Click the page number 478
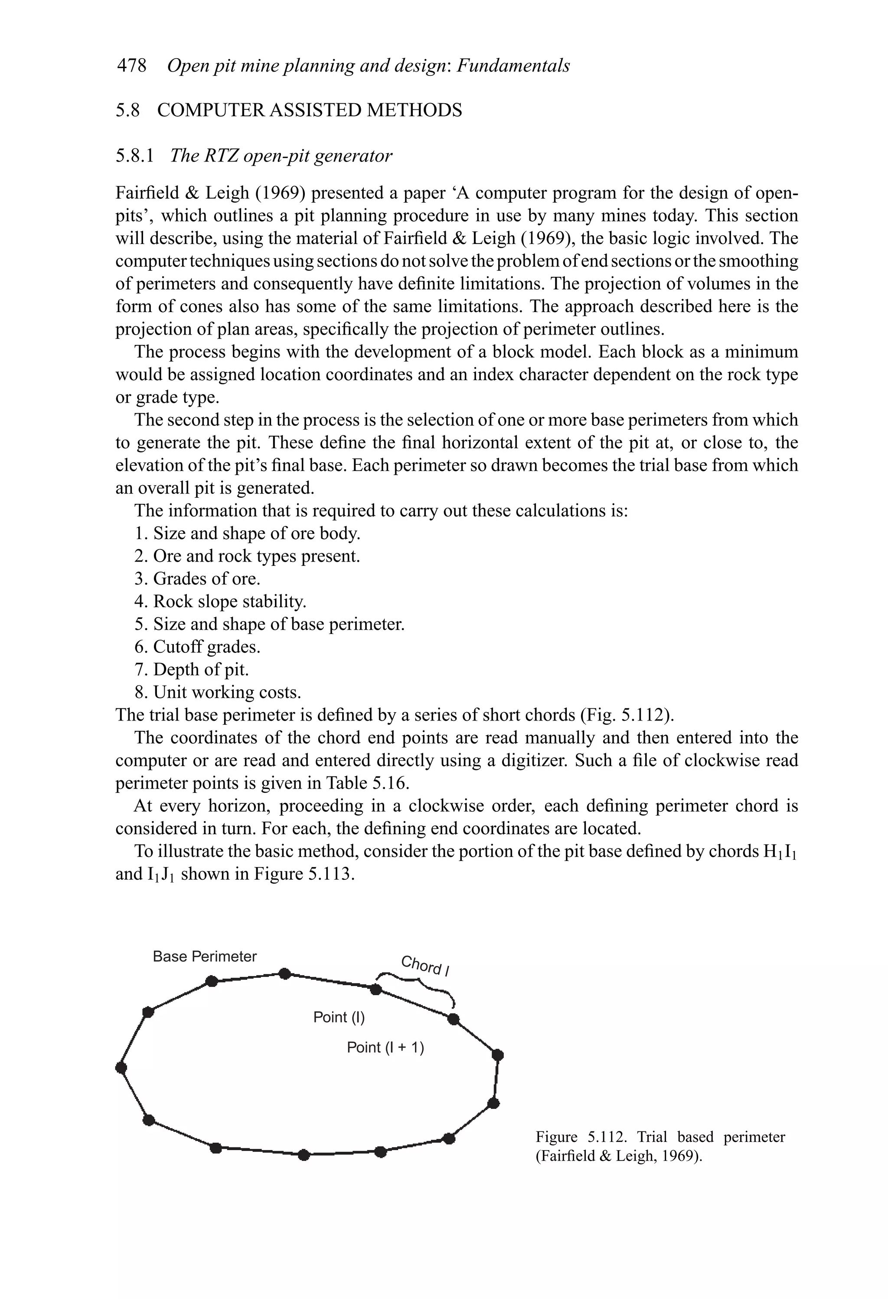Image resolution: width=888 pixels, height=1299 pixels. pyautogui.click(x=131, y=66)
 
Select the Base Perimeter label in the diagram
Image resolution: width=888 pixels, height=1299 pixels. pyautogui.click(x=204, y=957)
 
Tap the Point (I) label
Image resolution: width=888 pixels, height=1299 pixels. pyautogui.click(x=339, y=1017)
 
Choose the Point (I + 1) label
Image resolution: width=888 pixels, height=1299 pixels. pyautogui.click(x=385, y=1047)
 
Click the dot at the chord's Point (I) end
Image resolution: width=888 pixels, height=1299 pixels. pyautogui.click(x=376, y=990)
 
